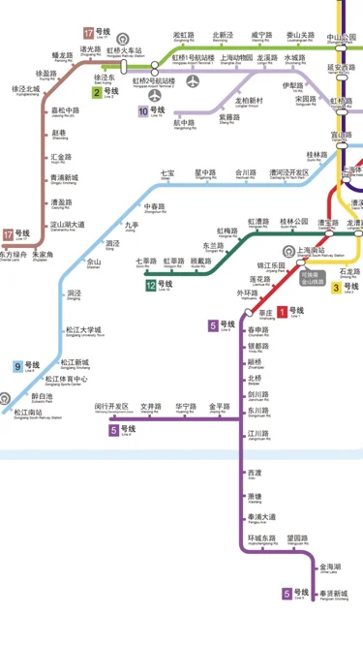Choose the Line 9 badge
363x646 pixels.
tap(19, 366)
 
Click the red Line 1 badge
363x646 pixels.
tap(281, 311)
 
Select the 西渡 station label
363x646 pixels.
tap(254, 473)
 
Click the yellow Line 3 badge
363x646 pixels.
tap(337, 287)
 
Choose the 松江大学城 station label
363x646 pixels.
tap(83, 331)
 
